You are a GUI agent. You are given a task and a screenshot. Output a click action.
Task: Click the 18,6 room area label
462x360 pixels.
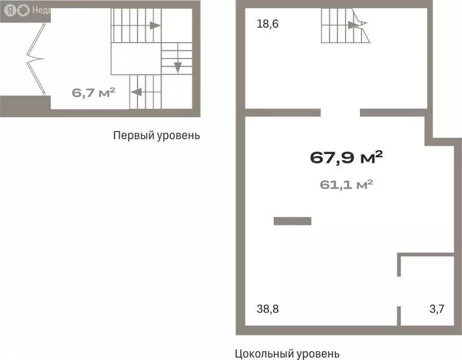click(x=267, y=24)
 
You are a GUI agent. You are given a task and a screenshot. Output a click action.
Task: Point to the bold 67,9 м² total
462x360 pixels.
click(x=346, y=158)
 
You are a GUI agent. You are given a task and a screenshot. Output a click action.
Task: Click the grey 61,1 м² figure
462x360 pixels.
click(x=346, y=184)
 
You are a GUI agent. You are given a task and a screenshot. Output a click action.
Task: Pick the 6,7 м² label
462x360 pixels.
click(x=93, y=93)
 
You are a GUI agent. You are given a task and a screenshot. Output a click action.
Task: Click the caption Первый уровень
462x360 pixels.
click(x=156, y=136)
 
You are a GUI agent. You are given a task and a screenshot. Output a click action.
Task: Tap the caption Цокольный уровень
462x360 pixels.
click(x=287, y=353)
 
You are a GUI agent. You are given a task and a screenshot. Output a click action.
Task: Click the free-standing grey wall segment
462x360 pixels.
click(x=293, y=221)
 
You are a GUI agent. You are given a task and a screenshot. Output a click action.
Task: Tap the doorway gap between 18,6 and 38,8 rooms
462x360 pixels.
click(x=340, y=112)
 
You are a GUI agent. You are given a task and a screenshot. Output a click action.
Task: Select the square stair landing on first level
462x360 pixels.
click(x=136, y=59)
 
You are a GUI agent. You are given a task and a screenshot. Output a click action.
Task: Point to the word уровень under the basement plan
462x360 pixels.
click(x=318, y=353)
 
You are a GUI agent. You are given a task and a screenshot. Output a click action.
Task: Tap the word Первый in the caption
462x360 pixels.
click(x=130, y=136)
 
